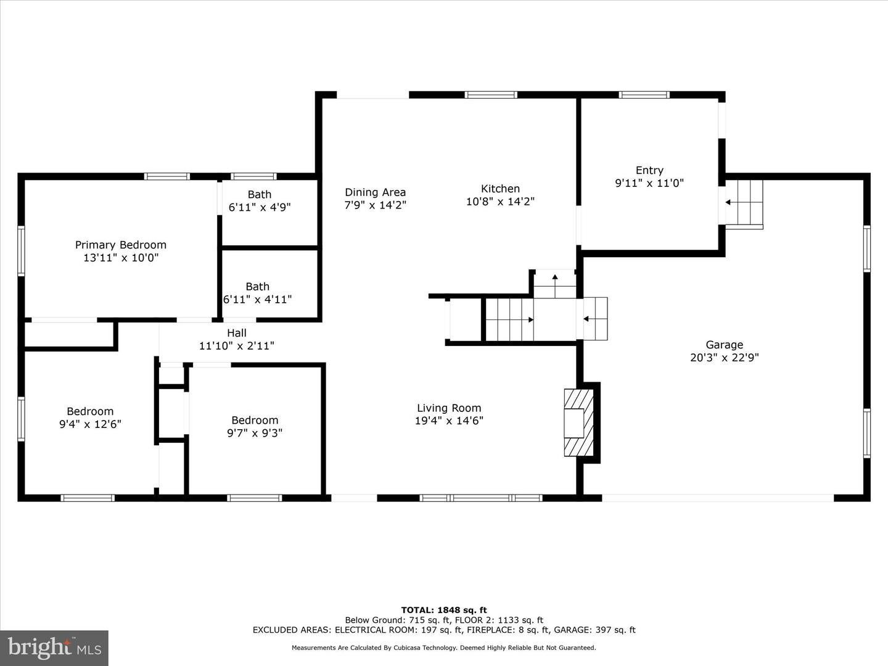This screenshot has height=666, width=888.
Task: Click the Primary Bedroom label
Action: click(x=120, y=245)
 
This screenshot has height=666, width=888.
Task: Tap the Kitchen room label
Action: click(x=500, y=189)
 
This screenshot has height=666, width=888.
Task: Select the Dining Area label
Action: click(x=375, y=192)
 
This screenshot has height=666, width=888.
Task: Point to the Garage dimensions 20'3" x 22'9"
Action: click(x=724, y=358)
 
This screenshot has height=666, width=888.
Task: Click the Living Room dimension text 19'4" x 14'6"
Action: click(x=449, y=421)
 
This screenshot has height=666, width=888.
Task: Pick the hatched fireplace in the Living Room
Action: click(x=579, y=422)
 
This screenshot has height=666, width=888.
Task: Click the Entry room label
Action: click(x=649, y=170)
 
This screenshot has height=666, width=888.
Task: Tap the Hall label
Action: click(x=237, y=333)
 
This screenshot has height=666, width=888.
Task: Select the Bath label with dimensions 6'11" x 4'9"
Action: click(x=260, y=194)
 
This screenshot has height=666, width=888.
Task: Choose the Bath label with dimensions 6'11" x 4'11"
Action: click(x=257, y=287)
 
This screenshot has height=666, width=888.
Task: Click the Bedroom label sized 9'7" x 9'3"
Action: click(x=255, y=420)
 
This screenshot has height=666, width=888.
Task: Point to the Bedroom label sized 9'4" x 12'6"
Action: click(x=90, y=411)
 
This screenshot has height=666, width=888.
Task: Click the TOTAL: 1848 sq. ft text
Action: click(x=444, y=610)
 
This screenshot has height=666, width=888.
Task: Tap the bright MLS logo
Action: click(x=54, y=647)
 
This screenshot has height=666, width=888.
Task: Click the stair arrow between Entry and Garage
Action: click(x=732, y=202)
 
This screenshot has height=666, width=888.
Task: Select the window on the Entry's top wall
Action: click(x=644, y=95)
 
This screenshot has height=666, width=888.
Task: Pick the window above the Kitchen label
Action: click(x=491, y=95)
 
